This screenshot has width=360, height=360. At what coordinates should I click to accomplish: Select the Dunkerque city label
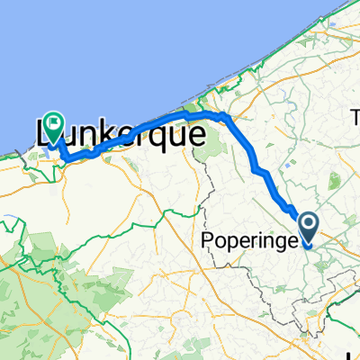pos(121,133)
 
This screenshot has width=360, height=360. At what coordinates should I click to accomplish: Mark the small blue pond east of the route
pos(286,166)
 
